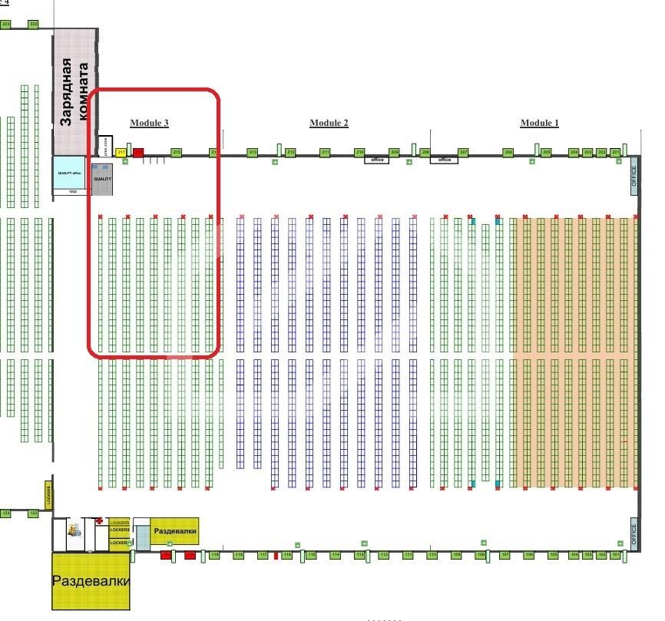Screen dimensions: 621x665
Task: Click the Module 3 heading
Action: point(149,123)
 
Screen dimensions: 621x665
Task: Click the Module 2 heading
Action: point(329,123)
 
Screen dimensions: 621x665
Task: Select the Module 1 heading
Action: point(540,123)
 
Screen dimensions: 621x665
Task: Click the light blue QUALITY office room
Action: point(69,173)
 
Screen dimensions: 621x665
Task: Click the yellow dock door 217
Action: point(121,153)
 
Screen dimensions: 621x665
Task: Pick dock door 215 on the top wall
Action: point(176,153)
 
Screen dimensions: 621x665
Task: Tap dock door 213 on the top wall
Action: point(253,153)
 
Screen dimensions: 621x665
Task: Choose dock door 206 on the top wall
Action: point(508,153)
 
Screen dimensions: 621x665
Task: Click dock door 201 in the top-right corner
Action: point(616,153)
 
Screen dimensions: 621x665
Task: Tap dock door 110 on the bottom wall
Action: point(432,554)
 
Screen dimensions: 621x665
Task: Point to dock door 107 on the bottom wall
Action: point(505,554)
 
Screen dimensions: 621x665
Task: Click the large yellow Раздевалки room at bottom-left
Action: point(91,581)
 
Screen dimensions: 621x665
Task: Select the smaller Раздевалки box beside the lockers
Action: point(174,531)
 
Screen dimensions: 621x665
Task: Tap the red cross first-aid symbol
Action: point(99,521)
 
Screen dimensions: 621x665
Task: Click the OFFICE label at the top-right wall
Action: point(634,177)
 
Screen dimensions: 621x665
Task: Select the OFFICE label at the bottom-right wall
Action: point(634,533)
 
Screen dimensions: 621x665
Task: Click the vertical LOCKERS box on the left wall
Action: point(48,494)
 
